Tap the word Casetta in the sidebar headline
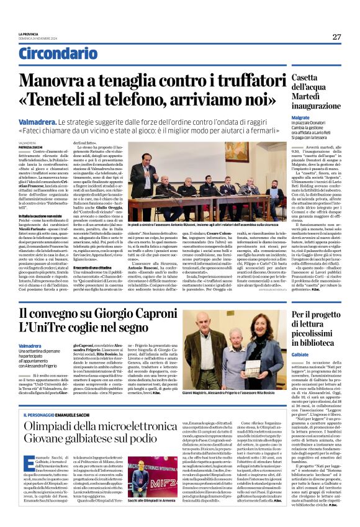coord(310,77)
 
